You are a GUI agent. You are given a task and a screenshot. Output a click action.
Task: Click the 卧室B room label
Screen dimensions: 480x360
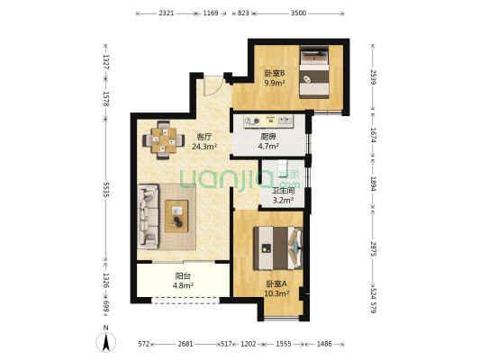pyautogui.click(x=275, y=73)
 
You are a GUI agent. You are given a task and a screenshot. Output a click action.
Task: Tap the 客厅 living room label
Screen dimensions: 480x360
pyautogui.click(x=204, y=137)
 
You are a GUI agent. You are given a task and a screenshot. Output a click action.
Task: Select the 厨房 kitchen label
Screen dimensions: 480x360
pyautogui.click(x=268, y=137)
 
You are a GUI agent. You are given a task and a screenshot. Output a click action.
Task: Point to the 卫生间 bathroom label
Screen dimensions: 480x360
pyautogui.click(x=283, y=191)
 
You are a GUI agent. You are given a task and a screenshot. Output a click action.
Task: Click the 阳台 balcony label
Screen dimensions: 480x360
pyautogui.click(x=183, y=276)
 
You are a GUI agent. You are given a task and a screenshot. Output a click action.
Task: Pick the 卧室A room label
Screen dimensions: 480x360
pyautogui.click(x=276, y=283)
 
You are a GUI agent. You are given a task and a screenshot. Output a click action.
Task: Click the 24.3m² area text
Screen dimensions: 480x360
pyautogui.click(x=204, y=147)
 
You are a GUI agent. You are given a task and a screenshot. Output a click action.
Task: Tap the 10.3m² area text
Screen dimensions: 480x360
pyautogui.click(x=276, y=293)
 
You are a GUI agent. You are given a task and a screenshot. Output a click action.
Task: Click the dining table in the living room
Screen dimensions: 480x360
pyautogui.click(x=164, y=140)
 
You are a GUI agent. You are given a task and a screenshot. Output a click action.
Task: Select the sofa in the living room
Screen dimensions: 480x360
pyautogui.click(x=149, y=216)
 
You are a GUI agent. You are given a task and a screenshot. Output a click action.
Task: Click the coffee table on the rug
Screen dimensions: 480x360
pyautogui.click(x=177, y=216)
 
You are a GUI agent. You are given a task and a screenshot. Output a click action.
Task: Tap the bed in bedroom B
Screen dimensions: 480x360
pyautogui.click(x=314, y=72)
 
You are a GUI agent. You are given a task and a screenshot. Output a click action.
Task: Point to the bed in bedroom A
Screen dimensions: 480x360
pyautogui.click(x=278, y=248)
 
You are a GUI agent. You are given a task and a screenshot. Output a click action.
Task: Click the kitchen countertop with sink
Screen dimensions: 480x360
pyautogui.click(x=268, y=121)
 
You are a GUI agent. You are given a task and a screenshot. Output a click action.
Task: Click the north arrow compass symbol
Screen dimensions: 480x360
pyautogui.click(x=106, y=342)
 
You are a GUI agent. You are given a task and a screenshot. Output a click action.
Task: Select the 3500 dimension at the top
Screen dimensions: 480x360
pyautogui.click(x=298, y=13)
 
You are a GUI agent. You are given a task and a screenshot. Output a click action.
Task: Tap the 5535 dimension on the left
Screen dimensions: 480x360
pyautogui.click(x=106, y=190)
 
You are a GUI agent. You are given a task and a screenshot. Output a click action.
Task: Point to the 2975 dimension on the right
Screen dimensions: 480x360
pyautogui.click(x=373, y=248)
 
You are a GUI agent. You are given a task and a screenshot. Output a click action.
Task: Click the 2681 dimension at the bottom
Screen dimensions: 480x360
pyautogui.click(x=186, y=344)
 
